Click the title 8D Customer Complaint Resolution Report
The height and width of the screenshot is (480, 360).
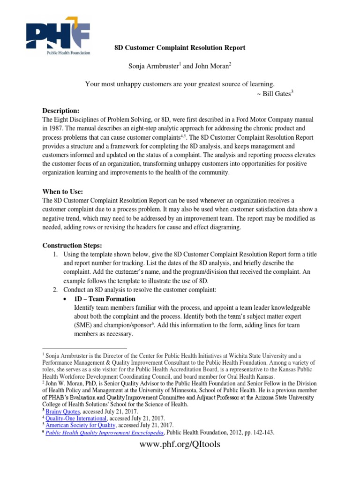pyautogui.click(x=180, y=48)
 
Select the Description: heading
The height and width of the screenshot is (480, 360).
pyautogui.click(x=61, y=111)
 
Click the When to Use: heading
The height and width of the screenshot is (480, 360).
pyautogui.click(x=63, y=192)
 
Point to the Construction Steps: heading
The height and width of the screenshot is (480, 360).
pyautogui.click(x=72, y=245)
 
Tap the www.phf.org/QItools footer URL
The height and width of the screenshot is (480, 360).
pyautogui.click(x=180, y=444)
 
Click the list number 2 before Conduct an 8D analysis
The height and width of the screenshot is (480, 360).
pyautogui.click(x=55, y=290)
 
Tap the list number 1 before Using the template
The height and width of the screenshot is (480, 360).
pyautogui.click(x=55, y=254)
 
